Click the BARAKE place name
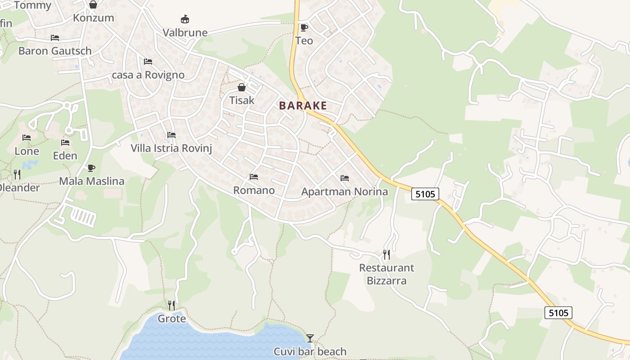click(303, 106)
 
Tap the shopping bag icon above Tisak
click(242, 87)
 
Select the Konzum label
click(94, 18)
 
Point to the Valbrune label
click(185, 32)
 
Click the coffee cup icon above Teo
click(304, 27)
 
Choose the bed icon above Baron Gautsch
click(55, 38)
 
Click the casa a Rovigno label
click(148, 75)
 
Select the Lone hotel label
click(27, 151)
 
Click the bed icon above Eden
click(65, 143)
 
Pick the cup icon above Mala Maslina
click(92, 168)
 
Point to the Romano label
click(254, 190)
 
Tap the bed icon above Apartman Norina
click(345, 178)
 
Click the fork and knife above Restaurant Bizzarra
click(386, 255)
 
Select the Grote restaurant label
click(171, 319)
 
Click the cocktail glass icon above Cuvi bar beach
click(310, 338)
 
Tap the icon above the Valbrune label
click(185, 19)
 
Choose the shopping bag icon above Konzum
click(93, 5)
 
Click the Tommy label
click(32, 5)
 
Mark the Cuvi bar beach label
click(310, 351)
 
